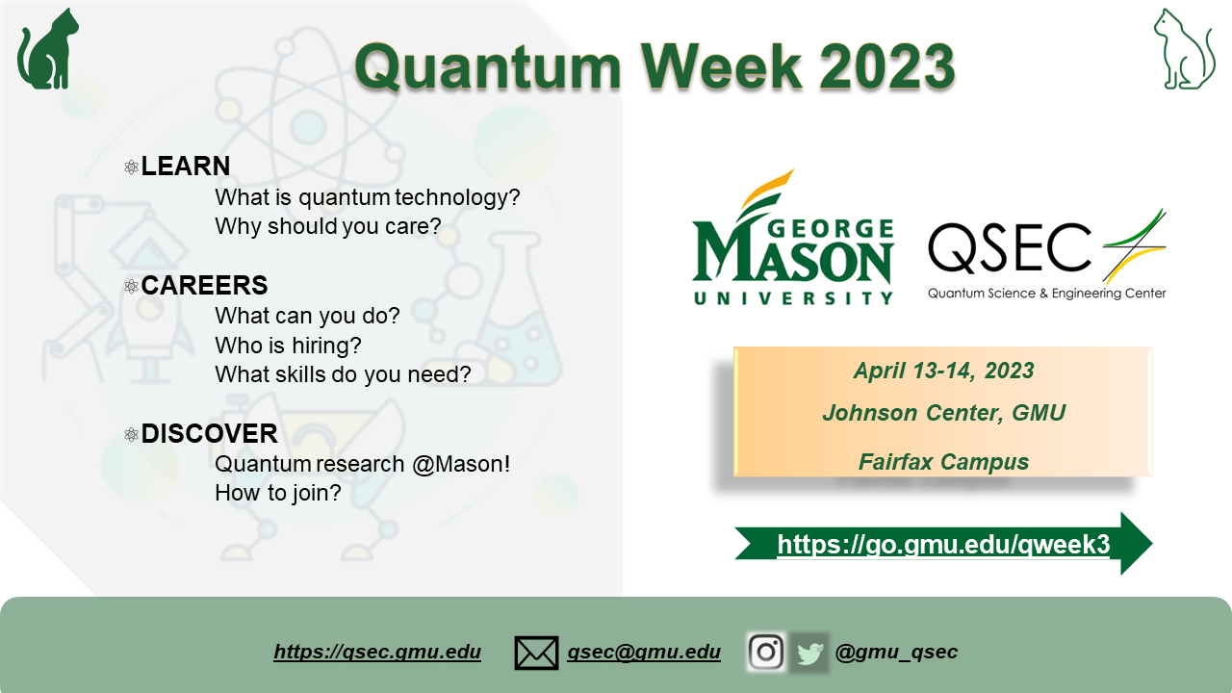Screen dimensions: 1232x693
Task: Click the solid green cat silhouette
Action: [x=48, y=52]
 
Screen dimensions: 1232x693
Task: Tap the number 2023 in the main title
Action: [x=886, y=67]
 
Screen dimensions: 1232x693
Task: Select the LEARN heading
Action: [x=186, y=167]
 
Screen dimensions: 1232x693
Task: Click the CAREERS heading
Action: [x=204, y=286]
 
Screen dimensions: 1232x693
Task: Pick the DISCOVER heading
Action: [x=209, y=433]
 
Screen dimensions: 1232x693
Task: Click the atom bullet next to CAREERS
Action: [x=132, y=286]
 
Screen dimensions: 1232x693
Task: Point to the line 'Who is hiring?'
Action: [x=288, y=346]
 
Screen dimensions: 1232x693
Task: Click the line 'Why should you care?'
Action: [x=328, y=226]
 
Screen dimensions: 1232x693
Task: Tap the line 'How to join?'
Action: [x=278, y=493]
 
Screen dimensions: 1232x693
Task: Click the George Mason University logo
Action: [x=793, y=237]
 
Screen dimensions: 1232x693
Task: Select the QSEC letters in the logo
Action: [x=1010, y=247]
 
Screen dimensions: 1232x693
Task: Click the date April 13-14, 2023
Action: [x=944, y=371]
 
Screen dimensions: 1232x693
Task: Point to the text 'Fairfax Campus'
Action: [x=944, y=462]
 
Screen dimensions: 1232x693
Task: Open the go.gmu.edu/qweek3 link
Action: [x=943, y=545]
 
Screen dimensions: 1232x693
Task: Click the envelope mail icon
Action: [x=536, y=653]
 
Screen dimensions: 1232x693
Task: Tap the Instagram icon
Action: [x=766, y=653]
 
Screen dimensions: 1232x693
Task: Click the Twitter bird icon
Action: [x=809, y=654]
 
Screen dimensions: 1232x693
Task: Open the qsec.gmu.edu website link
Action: [x=377, y=652]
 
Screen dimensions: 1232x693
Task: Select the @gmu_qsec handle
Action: [x=896, y=652]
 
